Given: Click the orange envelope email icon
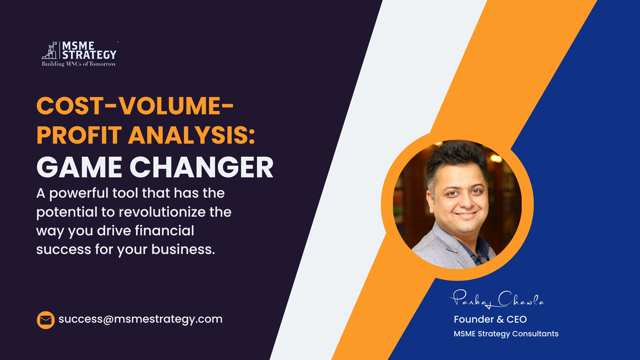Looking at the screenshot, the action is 46,320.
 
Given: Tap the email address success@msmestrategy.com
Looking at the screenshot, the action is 140,319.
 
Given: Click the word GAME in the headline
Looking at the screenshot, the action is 79,167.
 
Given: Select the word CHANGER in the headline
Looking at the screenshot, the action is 202,167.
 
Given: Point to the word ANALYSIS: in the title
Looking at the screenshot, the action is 192,135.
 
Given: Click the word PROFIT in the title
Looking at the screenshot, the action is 79,135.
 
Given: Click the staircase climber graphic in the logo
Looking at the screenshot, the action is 49,51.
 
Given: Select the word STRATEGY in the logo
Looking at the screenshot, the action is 89,55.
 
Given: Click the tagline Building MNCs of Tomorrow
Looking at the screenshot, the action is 79,64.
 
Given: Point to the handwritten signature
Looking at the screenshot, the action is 497,299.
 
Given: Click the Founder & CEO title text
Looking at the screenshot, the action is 490,319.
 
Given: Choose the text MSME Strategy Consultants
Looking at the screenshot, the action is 506,334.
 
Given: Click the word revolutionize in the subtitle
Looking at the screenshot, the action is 162,212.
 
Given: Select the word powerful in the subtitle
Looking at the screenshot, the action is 79,194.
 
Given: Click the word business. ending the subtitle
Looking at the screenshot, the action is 183,249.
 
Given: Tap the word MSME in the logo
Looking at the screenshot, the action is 78,46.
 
